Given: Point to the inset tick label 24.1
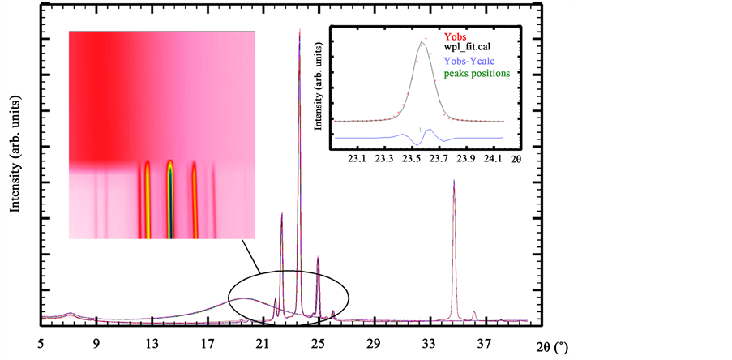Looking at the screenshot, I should point(494,159).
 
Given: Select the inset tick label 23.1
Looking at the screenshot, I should point(357,159).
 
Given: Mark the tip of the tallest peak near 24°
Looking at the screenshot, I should point(300,30).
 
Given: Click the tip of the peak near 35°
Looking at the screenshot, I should point(454,180).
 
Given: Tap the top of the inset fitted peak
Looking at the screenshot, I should point(422,43).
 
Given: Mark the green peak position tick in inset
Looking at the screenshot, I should point(420,129).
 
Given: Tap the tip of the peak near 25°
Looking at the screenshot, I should point(318,258).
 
